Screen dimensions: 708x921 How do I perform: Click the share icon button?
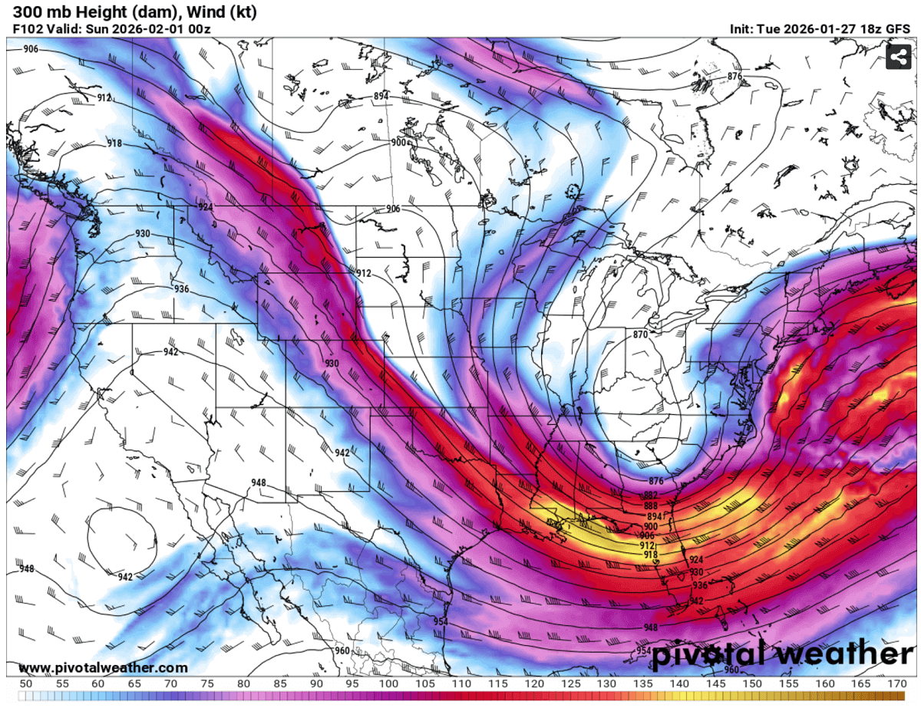tap(898, 56)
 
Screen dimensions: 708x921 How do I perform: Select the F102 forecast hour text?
tap(28, 29)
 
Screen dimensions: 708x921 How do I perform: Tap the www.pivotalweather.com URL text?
tap(102, 668)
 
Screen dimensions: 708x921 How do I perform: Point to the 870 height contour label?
tap(641, 334)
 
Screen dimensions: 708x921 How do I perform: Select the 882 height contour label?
tap(651, 495)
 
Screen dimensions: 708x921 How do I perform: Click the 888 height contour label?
tap(651, 506)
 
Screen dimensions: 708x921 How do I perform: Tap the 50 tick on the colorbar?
tap(25, 683)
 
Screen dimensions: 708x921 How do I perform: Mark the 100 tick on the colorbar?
tap(388, 683)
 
